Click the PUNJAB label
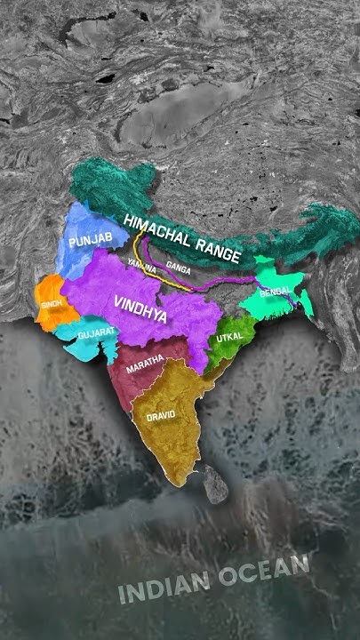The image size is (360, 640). (x=92, y=242)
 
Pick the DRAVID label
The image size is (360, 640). (x=162, y=416)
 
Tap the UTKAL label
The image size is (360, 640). (x=228, y=339)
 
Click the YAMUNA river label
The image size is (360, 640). (x=141, y=265)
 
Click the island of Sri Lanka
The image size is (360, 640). (x=214, y=484)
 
